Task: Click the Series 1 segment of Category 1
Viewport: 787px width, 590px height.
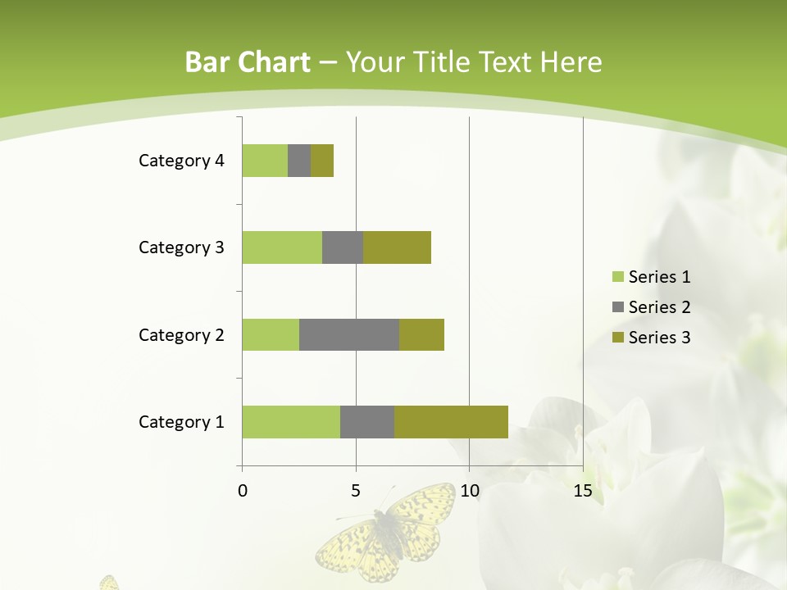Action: (291, 421)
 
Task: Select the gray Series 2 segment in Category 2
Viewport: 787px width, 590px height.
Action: (349, 334)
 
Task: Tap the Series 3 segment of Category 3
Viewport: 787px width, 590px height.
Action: (397, 247)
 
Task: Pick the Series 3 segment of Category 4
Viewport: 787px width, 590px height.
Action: (322, 161)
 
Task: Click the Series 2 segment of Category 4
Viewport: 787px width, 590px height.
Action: (299, 161)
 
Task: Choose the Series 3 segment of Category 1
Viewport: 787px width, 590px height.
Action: (451, 421)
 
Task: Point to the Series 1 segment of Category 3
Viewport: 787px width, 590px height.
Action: (282, 247)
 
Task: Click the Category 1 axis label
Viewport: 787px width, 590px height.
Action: (181, 422)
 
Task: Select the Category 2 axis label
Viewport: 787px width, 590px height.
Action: (181, 335)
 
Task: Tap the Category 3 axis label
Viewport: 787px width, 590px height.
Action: (181, 247)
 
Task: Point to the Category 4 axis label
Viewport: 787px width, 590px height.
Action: (181, 161)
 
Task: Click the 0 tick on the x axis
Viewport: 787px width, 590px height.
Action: (243, 492)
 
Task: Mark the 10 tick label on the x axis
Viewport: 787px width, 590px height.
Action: (469, 492)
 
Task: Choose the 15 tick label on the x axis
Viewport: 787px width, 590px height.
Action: (583, 492)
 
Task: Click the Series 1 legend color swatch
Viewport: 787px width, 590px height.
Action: (617, 277)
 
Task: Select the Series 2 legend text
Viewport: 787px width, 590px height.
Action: (659, 307)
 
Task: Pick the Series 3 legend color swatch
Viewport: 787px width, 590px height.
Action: (617, 338)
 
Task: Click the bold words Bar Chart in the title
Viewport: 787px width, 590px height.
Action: (248, 62)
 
